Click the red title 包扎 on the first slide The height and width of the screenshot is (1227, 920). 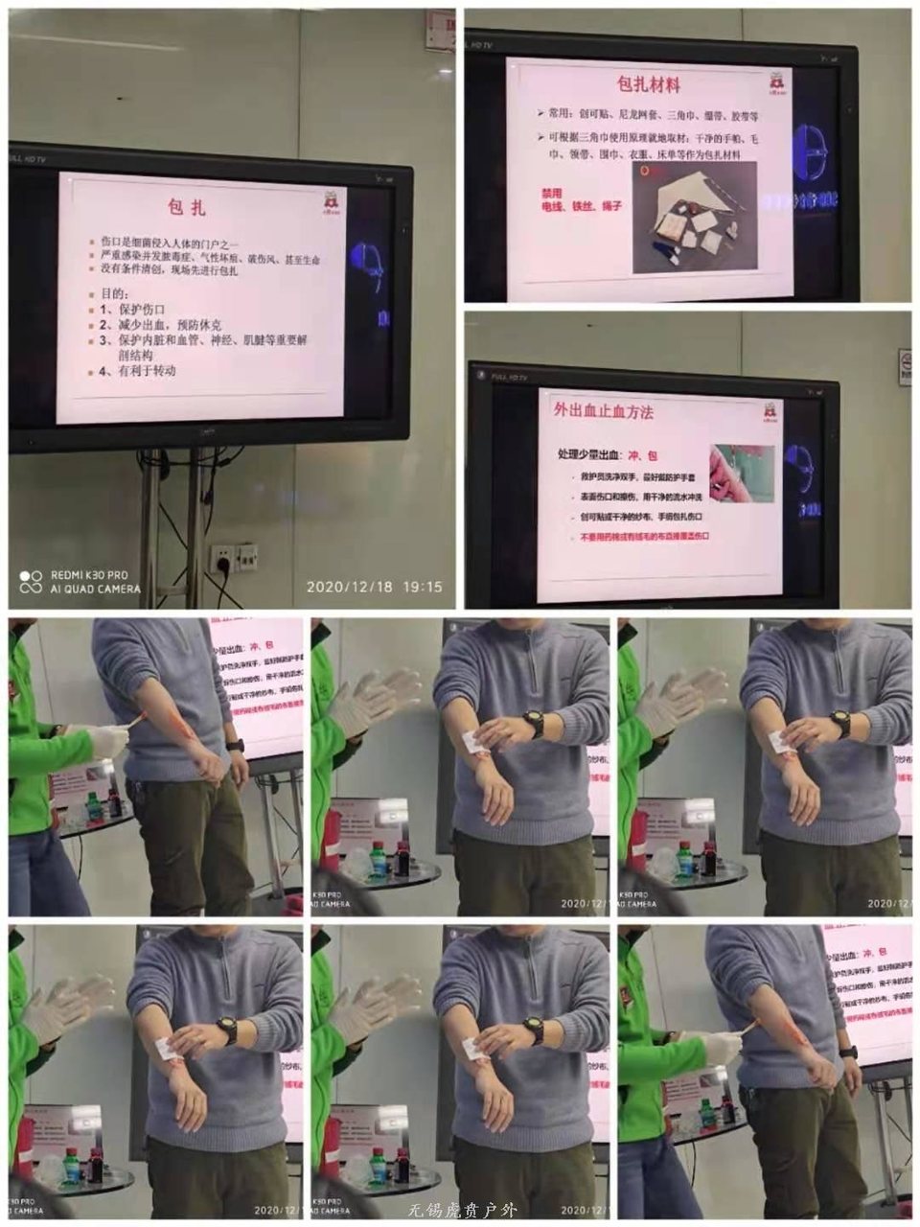(187, 207)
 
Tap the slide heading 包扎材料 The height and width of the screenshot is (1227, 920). (649, 84)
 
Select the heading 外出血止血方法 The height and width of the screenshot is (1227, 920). (604, 411)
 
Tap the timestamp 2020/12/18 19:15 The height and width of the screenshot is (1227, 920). (375, 587)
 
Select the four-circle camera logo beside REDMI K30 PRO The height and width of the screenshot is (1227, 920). (31, 582)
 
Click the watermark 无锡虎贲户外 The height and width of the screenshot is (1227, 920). (462, 1210)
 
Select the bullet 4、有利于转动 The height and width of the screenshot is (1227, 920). (138, 371)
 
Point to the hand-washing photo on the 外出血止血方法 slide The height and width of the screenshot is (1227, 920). (741, 474)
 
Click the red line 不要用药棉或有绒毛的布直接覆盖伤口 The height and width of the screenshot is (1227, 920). (644, 537)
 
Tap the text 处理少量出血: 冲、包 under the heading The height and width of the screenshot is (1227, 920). (607, 454)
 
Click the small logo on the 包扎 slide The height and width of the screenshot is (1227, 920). (331, 202)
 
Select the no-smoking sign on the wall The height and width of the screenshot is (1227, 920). (905, 367)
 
